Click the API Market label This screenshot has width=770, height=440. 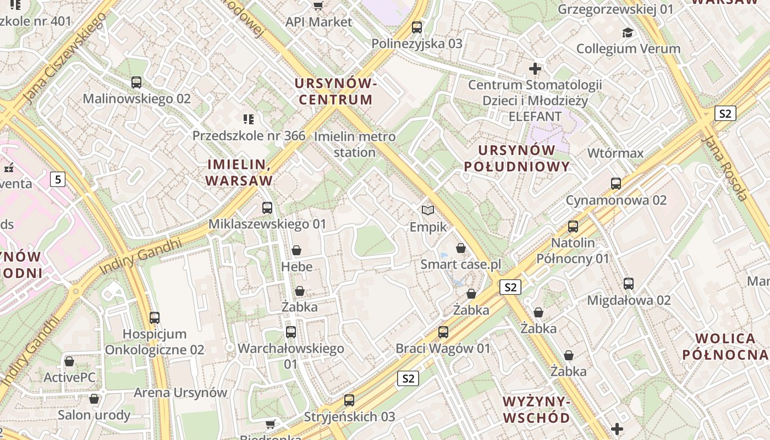pyautogui.click(x=318, y=22)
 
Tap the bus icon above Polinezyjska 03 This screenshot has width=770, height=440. pyautogui.click(x=417, y=27)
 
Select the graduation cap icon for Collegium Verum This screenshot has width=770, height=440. pyautogui.click(x=628, y=32)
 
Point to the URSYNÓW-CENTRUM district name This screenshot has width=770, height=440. pyautogui.click(x=335, y=91)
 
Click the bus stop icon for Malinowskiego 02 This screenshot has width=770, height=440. pyautogui.click(x=136, y=82)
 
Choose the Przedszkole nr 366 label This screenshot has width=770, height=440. pyautogui.click(x=249, y=135)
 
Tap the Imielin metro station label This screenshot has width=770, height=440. pyautogui.click(x=355, y=144)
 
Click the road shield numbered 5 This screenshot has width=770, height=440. pyautogui.click(x=58, y=179)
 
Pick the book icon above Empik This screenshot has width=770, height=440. pyautogui.click(x=428, y=210)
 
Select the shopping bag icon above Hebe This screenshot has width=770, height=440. pyautogui.click(x=296, y=251)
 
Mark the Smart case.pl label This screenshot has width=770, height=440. pyautogui.click(x=461, y=265)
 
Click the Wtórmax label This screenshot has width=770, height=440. pyautogui.click(x=615, y=153)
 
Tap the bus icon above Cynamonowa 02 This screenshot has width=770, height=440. pyautogui.click(x=616, y=184)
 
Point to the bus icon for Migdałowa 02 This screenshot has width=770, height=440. pyautogui.click(x=629, y=284)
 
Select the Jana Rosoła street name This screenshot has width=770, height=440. pyautogui.click(x=726, y=168)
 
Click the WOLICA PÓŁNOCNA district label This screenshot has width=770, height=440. pyautogui.click(x=725, y=346)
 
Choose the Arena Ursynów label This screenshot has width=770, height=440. pyautogui.click(x=180, y=393)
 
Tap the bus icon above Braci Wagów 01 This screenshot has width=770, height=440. pyautogui.click(x=443, y=332)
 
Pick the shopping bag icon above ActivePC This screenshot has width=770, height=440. pyautogui.click(x=69, y=361)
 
